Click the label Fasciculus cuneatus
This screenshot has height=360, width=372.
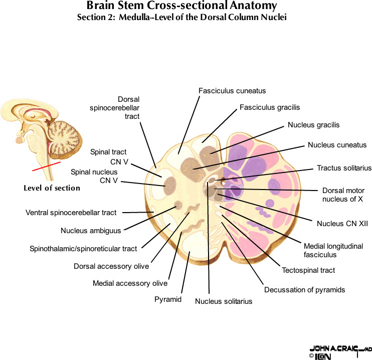[232, 91]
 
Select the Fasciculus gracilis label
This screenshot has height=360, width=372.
[270, 107]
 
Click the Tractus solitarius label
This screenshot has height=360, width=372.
[344, 168]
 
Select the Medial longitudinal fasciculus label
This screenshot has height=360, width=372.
[333, 250]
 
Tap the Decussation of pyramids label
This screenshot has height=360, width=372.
[304, 289]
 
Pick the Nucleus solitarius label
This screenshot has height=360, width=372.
[224, 301]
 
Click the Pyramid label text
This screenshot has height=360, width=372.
[167, 300]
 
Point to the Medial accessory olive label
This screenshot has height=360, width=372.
[130, 283]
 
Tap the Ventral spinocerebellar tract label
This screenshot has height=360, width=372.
[71, 213]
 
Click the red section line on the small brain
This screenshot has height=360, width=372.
[46, 166]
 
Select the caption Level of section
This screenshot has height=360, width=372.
[52, 188]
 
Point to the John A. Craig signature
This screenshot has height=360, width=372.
[335, 348]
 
